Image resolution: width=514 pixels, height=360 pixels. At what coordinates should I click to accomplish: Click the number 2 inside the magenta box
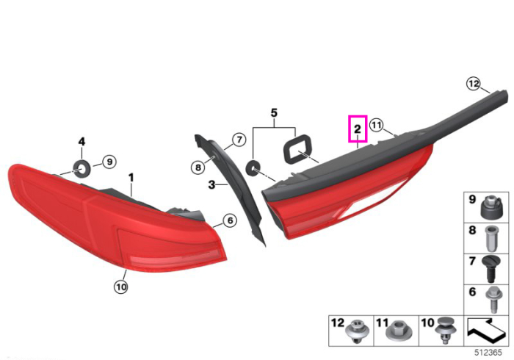point(358,129)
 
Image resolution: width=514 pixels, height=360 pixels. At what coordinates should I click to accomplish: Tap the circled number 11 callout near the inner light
point(376,125)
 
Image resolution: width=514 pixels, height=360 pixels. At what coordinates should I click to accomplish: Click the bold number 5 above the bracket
point(274,113)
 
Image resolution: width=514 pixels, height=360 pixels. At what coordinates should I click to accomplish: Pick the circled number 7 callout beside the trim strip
point(239,140)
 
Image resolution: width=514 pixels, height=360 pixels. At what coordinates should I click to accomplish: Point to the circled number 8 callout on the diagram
point(198,168)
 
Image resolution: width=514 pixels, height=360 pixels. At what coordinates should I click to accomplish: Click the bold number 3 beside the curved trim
point(212,185)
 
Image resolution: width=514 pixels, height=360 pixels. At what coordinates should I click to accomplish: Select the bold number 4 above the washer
point(82,142)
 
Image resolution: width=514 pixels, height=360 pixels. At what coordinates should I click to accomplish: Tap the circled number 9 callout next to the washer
point(109,162)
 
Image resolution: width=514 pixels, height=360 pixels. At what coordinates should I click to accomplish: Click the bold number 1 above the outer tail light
point(131,178)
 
